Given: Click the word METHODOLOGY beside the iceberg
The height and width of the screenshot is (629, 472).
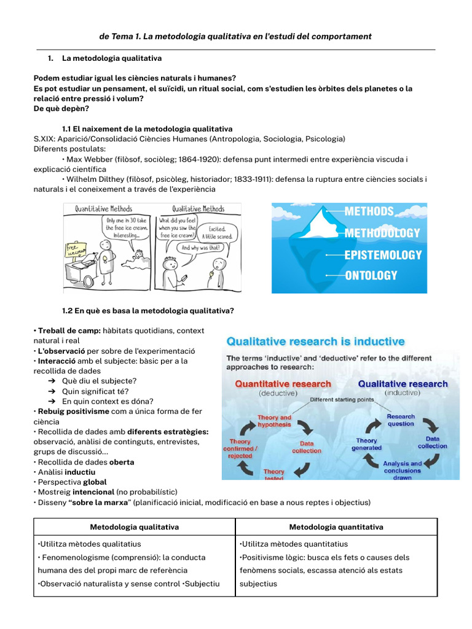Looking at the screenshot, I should (x=382, y=233).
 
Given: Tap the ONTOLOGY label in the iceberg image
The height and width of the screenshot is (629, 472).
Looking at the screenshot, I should (x=371, y=276).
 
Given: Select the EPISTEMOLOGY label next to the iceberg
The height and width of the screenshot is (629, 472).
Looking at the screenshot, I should (x=383, y=254).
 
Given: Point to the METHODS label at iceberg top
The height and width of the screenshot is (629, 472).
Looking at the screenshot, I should (x=369, y=211).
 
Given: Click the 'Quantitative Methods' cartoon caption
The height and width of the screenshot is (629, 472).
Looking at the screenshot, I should (x=103, y=209).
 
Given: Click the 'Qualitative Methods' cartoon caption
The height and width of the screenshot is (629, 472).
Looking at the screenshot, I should (x=198, y=209).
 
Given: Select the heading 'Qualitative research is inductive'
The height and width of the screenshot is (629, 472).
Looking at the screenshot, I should (x=316, y=342).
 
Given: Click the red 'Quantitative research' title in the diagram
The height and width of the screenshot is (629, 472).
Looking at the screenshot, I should (x=283, y=384).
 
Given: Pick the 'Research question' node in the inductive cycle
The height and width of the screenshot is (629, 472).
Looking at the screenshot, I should (x=401, y=420).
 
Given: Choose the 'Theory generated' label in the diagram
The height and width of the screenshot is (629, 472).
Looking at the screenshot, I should (x=367, y=444).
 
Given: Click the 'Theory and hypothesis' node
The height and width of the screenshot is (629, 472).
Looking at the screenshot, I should (x=274, y=421).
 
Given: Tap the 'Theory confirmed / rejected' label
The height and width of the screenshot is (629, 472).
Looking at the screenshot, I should (x=240, y=448).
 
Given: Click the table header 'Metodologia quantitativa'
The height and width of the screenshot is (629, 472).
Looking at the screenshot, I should (x=336, y=527).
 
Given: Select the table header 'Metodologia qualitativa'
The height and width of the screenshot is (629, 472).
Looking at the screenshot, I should (x=135, y=527).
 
